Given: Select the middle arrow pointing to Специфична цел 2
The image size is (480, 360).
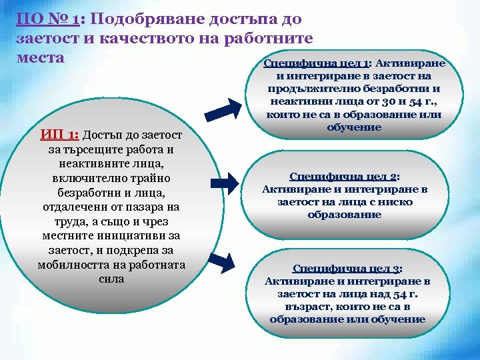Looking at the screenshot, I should click(x=227, y=180).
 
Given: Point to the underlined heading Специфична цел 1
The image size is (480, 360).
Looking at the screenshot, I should click(x=317, y=63).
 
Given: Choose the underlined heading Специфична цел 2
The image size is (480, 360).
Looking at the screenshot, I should click(x=344, y=177).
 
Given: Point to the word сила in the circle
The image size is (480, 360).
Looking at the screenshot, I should click(x=111, y=279).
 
